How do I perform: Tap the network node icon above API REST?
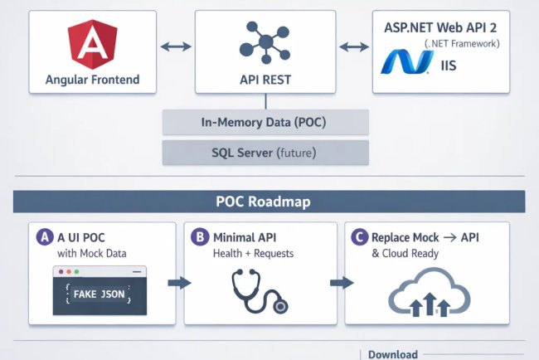pyautogui.click(x=265, y=41)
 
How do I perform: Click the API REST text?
pyautogui.click(x=265, y=80)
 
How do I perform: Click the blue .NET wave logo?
pyautogui.click(x=407, y=62)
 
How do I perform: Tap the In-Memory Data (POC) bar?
pyautogui.click(x=265, y=122)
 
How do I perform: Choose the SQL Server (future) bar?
pyautogui.click(x=265, y=152)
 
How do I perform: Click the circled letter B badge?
pyautogui.click(x=199, y=236)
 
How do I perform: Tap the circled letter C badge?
pyautogui.click(x=360, y=236)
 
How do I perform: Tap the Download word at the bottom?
pyautogui.click(x=393, y=354)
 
